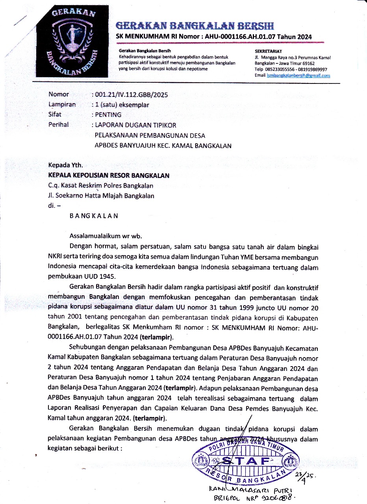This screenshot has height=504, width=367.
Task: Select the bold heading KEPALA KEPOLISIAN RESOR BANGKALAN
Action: (109, 176)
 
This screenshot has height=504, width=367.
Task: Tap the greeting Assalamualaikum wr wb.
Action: (105, 236)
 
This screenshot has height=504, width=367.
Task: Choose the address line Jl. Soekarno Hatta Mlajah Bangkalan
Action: (101, 196)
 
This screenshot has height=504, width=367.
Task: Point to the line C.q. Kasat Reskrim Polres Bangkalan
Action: (101, 186)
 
